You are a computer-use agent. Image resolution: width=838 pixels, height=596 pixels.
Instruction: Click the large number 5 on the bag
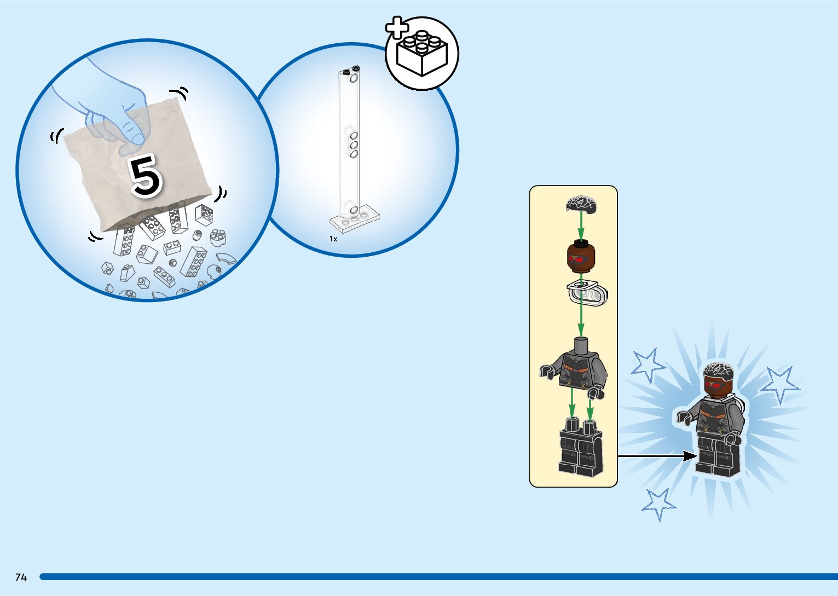(x=145, y=175)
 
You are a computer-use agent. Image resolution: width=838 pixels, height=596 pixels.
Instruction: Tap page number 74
(x=21, y=577)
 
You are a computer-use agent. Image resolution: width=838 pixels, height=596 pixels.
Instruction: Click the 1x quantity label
(x=333, y=239)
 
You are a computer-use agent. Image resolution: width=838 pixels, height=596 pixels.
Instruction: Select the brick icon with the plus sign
(x=421, y=53)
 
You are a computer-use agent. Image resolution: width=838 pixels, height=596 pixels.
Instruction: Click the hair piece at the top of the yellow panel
(x=581, y=204)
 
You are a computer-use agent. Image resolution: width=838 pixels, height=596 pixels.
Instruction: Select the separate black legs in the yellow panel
(x=580, y=446)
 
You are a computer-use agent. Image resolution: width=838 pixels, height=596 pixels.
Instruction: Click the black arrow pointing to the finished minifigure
(x=657, y=455)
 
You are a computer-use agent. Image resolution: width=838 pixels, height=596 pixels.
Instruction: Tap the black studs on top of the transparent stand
(x=351, y=70)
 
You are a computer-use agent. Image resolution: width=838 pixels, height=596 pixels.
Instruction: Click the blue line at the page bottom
(x=438, y=577)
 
